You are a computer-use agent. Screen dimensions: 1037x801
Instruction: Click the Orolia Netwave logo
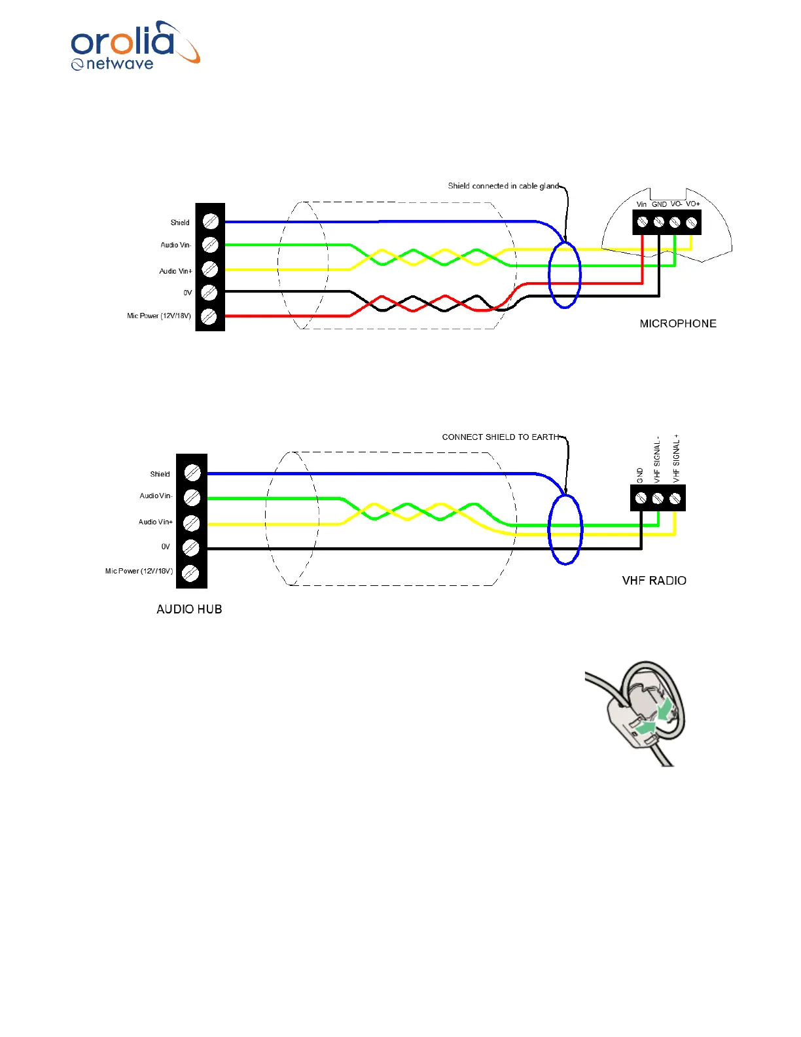tap(134, 46)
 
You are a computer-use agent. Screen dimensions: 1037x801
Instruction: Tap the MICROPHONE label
tap(677, 323)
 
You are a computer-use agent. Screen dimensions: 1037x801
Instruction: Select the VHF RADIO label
tap(654, 581)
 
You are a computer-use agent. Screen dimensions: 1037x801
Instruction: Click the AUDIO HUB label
tap(189, 609)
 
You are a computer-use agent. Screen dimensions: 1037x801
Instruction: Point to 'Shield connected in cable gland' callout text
tap(503, 186)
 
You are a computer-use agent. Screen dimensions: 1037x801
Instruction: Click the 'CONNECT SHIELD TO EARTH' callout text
tap(501, 437)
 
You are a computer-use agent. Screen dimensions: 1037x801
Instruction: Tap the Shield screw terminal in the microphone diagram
tap(210, 221)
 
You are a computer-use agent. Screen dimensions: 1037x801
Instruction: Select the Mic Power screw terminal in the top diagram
tap(209, 317)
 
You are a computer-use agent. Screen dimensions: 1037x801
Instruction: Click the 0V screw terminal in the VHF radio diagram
tap(191, 547)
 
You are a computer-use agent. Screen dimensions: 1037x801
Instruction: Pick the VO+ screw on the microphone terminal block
tap(691, 223)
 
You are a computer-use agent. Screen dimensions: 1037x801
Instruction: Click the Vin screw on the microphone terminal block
tap(643, 223)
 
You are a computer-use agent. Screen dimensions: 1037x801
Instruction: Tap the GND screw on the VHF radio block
tap(641, 498)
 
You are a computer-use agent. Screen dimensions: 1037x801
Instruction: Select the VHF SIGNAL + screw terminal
tap(675, 498)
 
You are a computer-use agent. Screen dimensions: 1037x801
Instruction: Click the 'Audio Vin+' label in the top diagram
tap(175, 271)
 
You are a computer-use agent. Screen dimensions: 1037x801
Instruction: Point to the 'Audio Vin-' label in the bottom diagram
tap(156, 496)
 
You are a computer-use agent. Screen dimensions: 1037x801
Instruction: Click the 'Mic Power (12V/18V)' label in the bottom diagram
tap(139, 572)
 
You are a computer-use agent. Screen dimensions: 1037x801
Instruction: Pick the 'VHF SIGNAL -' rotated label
tap(658, 461)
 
